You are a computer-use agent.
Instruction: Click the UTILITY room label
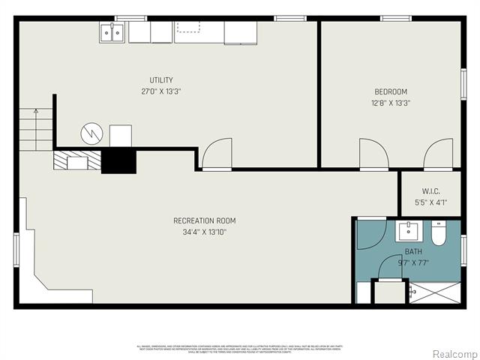pyautogui.click(x=161, y=80)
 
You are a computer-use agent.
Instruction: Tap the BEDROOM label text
pyautogui.click(x=391, y=92)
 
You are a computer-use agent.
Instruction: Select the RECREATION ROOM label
pyautogui.click(x=205, y=220)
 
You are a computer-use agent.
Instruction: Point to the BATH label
pyautogui.click(x=413, y=251)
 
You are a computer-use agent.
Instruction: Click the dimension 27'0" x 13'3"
pyautogui.click(x=161, y=91)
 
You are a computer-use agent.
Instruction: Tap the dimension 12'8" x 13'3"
pyautogui.click(x=391, y=103)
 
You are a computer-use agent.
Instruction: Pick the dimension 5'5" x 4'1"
pyautogui.click(x=430, y=202)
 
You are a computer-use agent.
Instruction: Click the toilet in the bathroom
pyautogui.click(x=441, y=232)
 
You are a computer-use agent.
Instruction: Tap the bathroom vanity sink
pyautogui.click(x=410, y=231)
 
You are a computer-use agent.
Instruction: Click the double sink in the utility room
pyautogui.click(x=112, y=32)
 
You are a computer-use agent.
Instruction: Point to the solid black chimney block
pyautogui.click(x=118, y=161)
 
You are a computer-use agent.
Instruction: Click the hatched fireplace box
pyautogui.click(x=76, y=160)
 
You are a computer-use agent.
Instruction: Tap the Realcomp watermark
pyautogui.click(x=451, y=353)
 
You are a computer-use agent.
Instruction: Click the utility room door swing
pyautogui.click(x=217, y=154)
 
